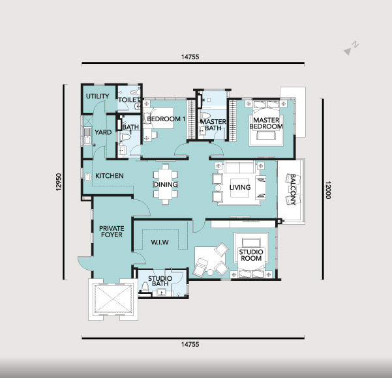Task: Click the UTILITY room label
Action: click(x=97, y=96)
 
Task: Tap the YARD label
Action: click(x=103, y=132)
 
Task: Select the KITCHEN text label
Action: click(x=110, y=176)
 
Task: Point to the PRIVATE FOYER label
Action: click(x=112, y=231)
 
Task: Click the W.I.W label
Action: click(x=160, y=242)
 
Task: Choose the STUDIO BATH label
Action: click(x=160, y=281)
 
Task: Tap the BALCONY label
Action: click(x=292, y=190)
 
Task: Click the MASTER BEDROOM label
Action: click(x=266, y=123)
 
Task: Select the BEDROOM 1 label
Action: click(x=166, y=119)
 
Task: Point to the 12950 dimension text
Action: click(x=59, y=182)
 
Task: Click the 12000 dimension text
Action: click(x=327, y=190)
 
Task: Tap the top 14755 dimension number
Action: click(x=190, y=57)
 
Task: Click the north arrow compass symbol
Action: click(x=351, y=48)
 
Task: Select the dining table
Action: click(x=165, y=184)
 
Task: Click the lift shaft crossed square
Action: click(x=113, y=298)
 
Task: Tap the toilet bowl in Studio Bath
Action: click(x=145, y=287)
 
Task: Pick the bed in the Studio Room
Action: click(x=251, y=255)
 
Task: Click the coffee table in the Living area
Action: click(x=239, y=188)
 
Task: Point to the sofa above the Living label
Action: click(x=239, y=167)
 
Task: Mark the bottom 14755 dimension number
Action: click(x=190, y=344)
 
